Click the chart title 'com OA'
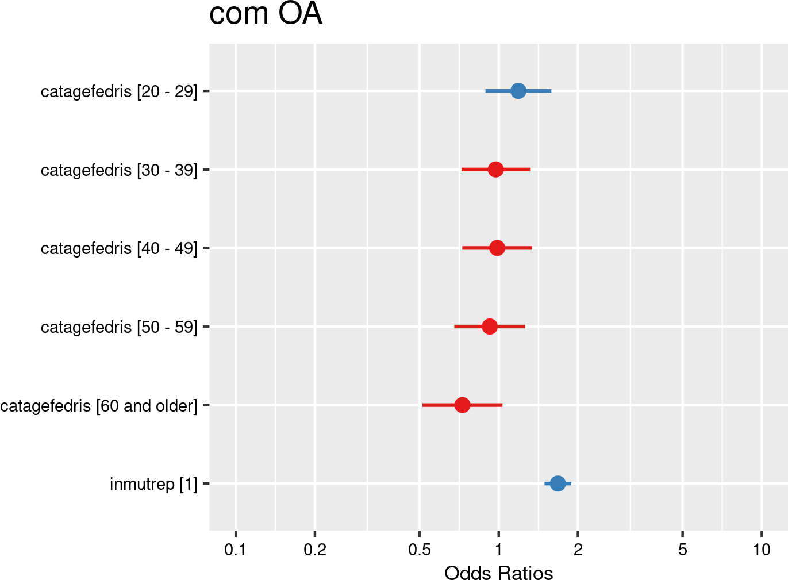[265, 14]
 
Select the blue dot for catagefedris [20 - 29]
[518, 91]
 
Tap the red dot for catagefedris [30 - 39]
[495, 170]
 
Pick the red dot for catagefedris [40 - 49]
[497, 248]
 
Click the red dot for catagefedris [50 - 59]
[490, 327]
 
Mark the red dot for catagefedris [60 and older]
[462, 405]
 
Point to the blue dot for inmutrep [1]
[558, 483]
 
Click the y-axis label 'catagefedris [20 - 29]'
[119, 91]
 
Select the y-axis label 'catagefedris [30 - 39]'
[119, 170]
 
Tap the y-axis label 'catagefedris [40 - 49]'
[119, 248]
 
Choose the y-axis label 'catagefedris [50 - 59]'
[119, 327]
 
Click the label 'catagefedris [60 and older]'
[99, 406]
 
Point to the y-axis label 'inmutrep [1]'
[153, 484]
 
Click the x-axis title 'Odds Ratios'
[498, 573]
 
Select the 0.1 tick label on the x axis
[235, 550]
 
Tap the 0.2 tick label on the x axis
[315, 550]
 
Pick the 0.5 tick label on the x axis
[420, 550]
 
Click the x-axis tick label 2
[578, 550]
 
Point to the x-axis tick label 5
[682, 550]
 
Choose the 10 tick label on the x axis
[762, 550]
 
